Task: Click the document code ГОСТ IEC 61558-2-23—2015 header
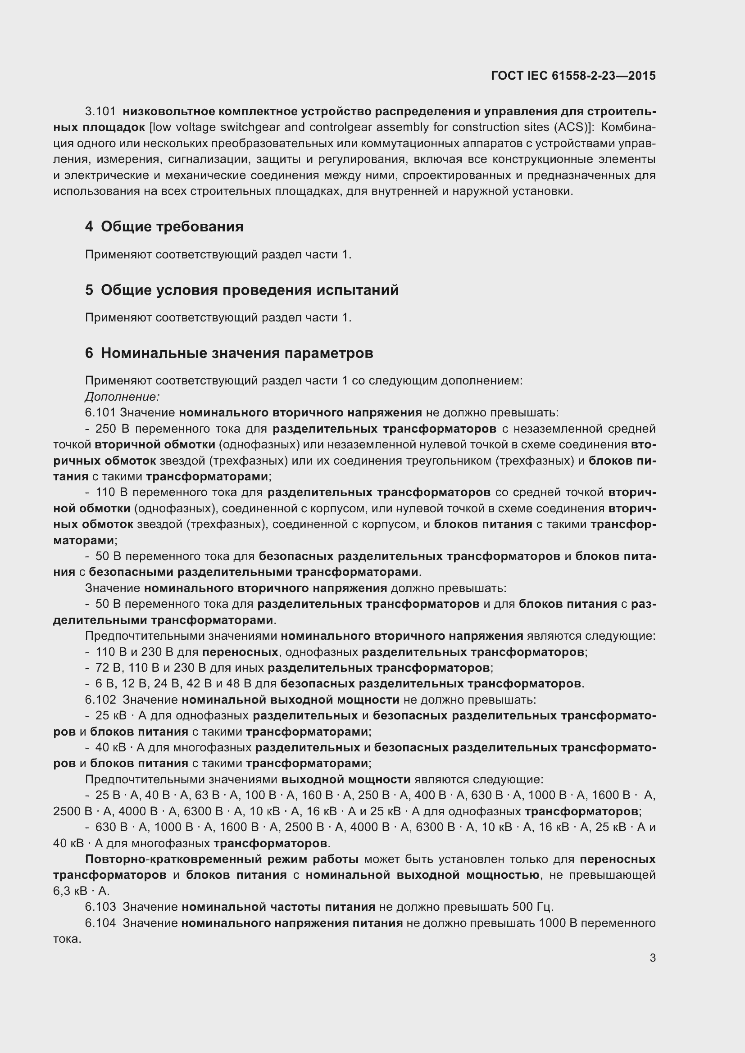point(573,76)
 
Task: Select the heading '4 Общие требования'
point(164,226)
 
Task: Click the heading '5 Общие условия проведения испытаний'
point(242,290)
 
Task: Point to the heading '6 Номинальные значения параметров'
point(229,353)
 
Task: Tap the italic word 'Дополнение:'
point(122,396)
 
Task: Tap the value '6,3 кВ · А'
point(81,890)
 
